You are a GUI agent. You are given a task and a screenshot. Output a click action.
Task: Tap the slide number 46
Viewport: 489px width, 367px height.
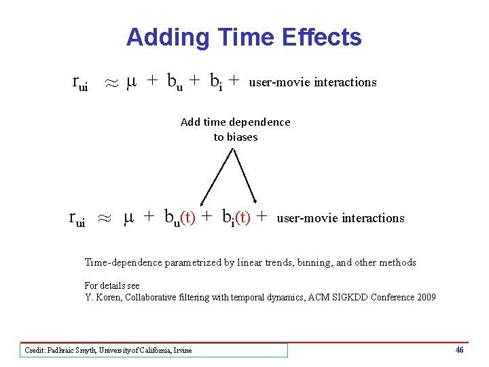click(460, 350)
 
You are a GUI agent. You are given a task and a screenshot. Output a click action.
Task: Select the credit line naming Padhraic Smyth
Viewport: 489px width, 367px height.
click(109, 351)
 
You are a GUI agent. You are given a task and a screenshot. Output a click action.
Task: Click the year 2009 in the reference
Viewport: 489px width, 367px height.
click(424, 297)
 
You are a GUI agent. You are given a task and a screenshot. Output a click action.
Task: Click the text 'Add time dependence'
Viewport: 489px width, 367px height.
click(235, 122)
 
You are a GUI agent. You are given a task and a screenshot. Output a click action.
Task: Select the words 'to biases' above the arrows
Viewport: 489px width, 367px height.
click(235, 137)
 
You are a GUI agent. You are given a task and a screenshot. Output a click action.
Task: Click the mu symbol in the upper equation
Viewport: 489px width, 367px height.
click(133, 82)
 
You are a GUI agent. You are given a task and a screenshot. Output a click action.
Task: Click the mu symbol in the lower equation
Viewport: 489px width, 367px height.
click(129, 217)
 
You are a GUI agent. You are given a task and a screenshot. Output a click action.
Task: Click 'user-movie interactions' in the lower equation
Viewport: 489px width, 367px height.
click(340, 218)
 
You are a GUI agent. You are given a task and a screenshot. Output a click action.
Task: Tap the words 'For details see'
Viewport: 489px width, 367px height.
click(112, 285)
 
